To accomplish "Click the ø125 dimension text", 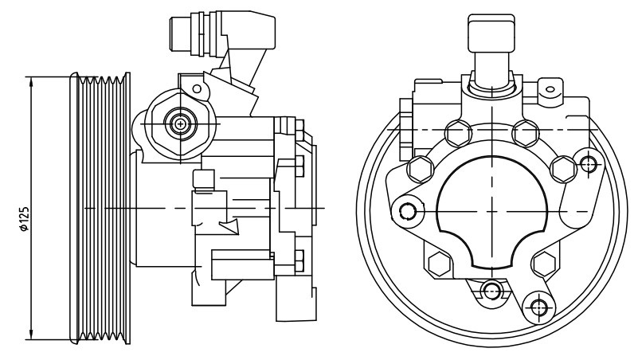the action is [x=25, y=219].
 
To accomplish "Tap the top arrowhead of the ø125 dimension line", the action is [x=32, y=80].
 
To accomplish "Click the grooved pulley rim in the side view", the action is [x=100, y=208].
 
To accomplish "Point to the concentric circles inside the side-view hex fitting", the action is [x=179, y=123].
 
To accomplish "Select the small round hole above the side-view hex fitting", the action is [x=197, y=88].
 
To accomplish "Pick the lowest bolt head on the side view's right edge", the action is [x=299, y=260].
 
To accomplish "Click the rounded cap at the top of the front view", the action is [x=491, y=33].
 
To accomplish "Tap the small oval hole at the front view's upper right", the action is [x=550, y=89].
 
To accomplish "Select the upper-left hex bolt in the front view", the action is [x=459, y=133].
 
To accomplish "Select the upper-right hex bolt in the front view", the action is [x=525, y=133].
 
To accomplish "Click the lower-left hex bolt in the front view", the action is [x=439, y=264].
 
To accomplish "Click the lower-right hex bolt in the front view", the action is [x=544, y=264].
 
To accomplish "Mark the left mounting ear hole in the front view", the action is [x=406, y=211].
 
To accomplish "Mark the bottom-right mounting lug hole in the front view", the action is [x=538, y=308].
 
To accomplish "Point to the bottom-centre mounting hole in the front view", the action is [x=491, y=290].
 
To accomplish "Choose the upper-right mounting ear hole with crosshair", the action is [x=589, y=164].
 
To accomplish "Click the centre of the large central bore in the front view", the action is [x=492, y=212].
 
